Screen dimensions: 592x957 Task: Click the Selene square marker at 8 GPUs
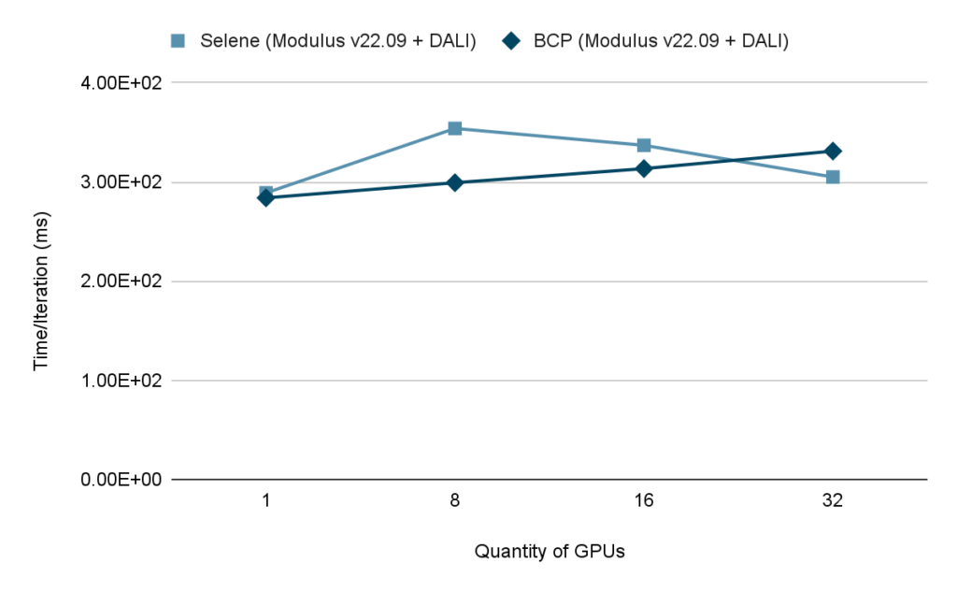point(455,128)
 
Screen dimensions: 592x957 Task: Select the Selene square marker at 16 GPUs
point(644,146)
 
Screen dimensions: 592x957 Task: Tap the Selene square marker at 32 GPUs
point(833,177)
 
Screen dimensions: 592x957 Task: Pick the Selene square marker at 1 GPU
point(266,194)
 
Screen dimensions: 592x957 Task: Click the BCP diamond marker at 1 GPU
point(266,198)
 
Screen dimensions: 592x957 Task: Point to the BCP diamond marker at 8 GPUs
point(455,182)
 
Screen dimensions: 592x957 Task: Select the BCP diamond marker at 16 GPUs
point(644,168)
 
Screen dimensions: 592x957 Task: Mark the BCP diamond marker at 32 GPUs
point(833,151)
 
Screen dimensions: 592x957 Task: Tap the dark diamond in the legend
point(511,40)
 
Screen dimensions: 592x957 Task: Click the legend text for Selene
point(339,40)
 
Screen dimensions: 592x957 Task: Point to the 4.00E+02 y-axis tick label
point(122,82)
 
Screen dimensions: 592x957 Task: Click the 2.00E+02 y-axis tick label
point(122,281)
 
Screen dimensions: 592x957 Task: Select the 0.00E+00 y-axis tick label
point(122,479)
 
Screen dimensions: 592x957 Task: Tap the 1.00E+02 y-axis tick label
point(122,380)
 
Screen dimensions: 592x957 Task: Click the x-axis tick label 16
point(644,500)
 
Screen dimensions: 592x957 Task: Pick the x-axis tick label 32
point(833,500)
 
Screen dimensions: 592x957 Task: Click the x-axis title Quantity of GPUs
point(550,551)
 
